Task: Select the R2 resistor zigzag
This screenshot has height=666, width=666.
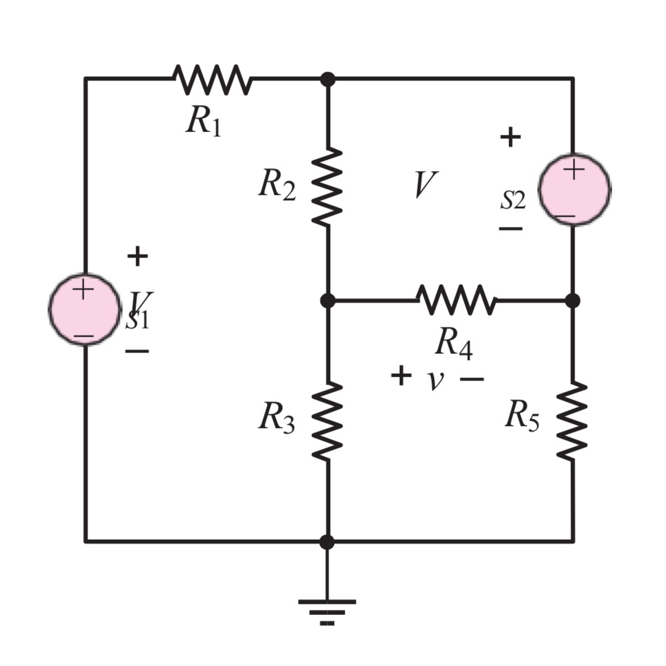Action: tap(327, 187)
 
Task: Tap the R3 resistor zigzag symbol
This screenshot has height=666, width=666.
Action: tap(327, 420)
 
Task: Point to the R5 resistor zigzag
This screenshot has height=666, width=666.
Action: tap(572, 420)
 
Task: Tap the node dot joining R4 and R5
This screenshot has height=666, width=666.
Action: tap(573, 300)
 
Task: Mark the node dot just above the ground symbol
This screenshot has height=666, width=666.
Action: tap(327, 542)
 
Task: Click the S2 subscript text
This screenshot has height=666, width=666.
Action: tap(513, 201)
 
